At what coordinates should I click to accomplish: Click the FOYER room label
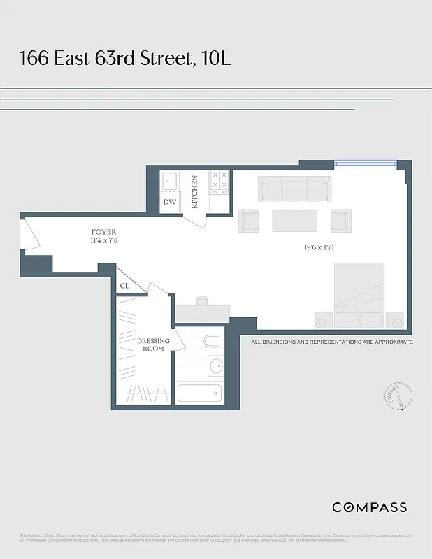[103, 232]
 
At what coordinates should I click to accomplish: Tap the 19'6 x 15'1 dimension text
[324, 247]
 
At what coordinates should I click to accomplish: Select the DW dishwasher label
[170, 202]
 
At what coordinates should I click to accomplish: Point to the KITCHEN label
[195, 191]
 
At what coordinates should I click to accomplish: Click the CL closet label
[125, 285]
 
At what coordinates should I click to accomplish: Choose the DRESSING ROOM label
[153, 344]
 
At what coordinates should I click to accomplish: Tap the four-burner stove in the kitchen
[219, 182]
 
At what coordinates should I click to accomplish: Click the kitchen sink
[171, 182]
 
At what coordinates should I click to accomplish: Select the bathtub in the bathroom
[199, 393]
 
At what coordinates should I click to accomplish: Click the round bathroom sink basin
[215, 365]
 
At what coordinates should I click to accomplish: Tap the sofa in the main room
[294, 189]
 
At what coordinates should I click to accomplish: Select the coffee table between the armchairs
[294, 220]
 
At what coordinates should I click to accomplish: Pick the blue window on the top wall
[365, 165]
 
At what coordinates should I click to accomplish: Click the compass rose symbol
[398, 396]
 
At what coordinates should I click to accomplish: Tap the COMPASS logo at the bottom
[368, 507]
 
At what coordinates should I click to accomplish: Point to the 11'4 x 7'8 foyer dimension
[103, 242]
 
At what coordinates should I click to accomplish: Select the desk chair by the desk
[202, 302]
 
